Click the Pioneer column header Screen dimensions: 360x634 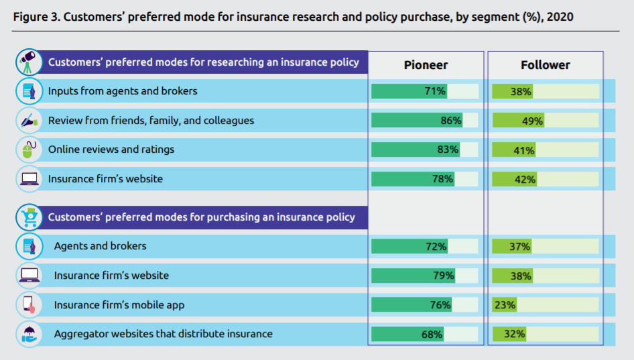pos(426,65)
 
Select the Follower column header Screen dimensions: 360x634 pos(545,65)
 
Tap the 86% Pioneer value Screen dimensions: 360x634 pos(450,121)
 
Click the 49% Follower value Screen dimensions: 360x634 pos(532,121)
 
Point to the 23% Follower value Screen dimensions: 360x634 pos(505,305)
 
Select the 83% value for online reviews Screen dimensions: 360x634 pos(447,150)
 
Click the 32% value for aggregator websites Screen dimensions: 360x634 pos(514,334)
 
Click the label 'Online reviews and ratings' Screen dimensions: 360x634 pos(111,149)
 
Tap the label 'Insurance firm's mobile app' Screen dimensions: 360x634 pos(119,305)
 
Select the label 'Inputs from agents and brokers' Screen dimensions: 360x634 pos(123,91)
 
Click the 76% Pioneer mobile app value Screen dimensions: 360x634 pos(440,305)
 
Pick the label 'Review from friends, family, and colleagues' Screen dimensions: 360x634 pos(151,121)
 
